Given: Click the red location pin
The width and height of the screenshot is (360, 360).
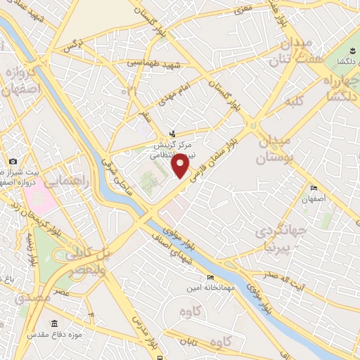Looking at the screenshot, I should (181, 165).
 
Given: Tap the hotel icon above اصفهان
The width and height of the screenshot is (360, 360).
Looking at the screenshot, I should (314, 188).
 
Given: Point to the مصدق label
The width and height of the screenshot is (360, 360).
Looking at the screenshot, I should (32, 297).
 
